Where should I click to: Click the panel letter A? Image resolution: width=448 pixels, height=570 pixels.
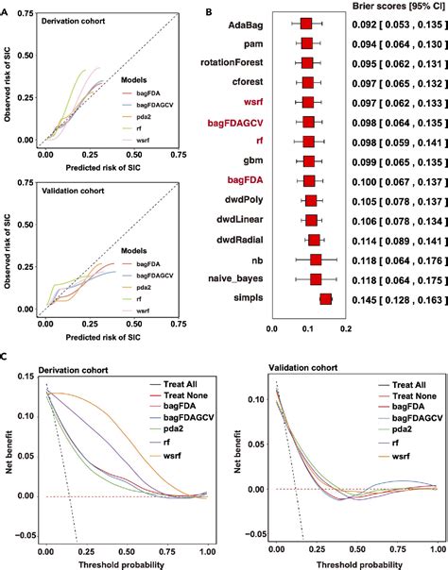pos(8,9)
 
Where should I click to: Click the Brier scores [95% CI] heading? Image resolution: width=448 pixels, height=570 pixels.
pos(388,6)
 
